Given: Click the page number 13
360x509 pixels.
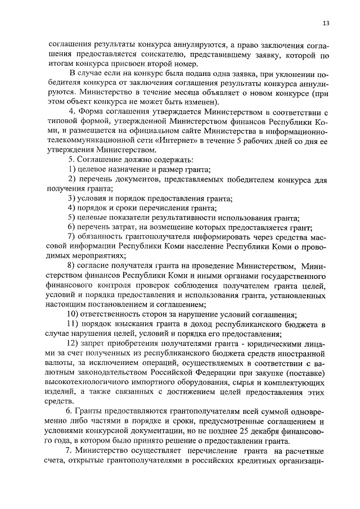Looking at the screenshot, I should click(x=326, y=23).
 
